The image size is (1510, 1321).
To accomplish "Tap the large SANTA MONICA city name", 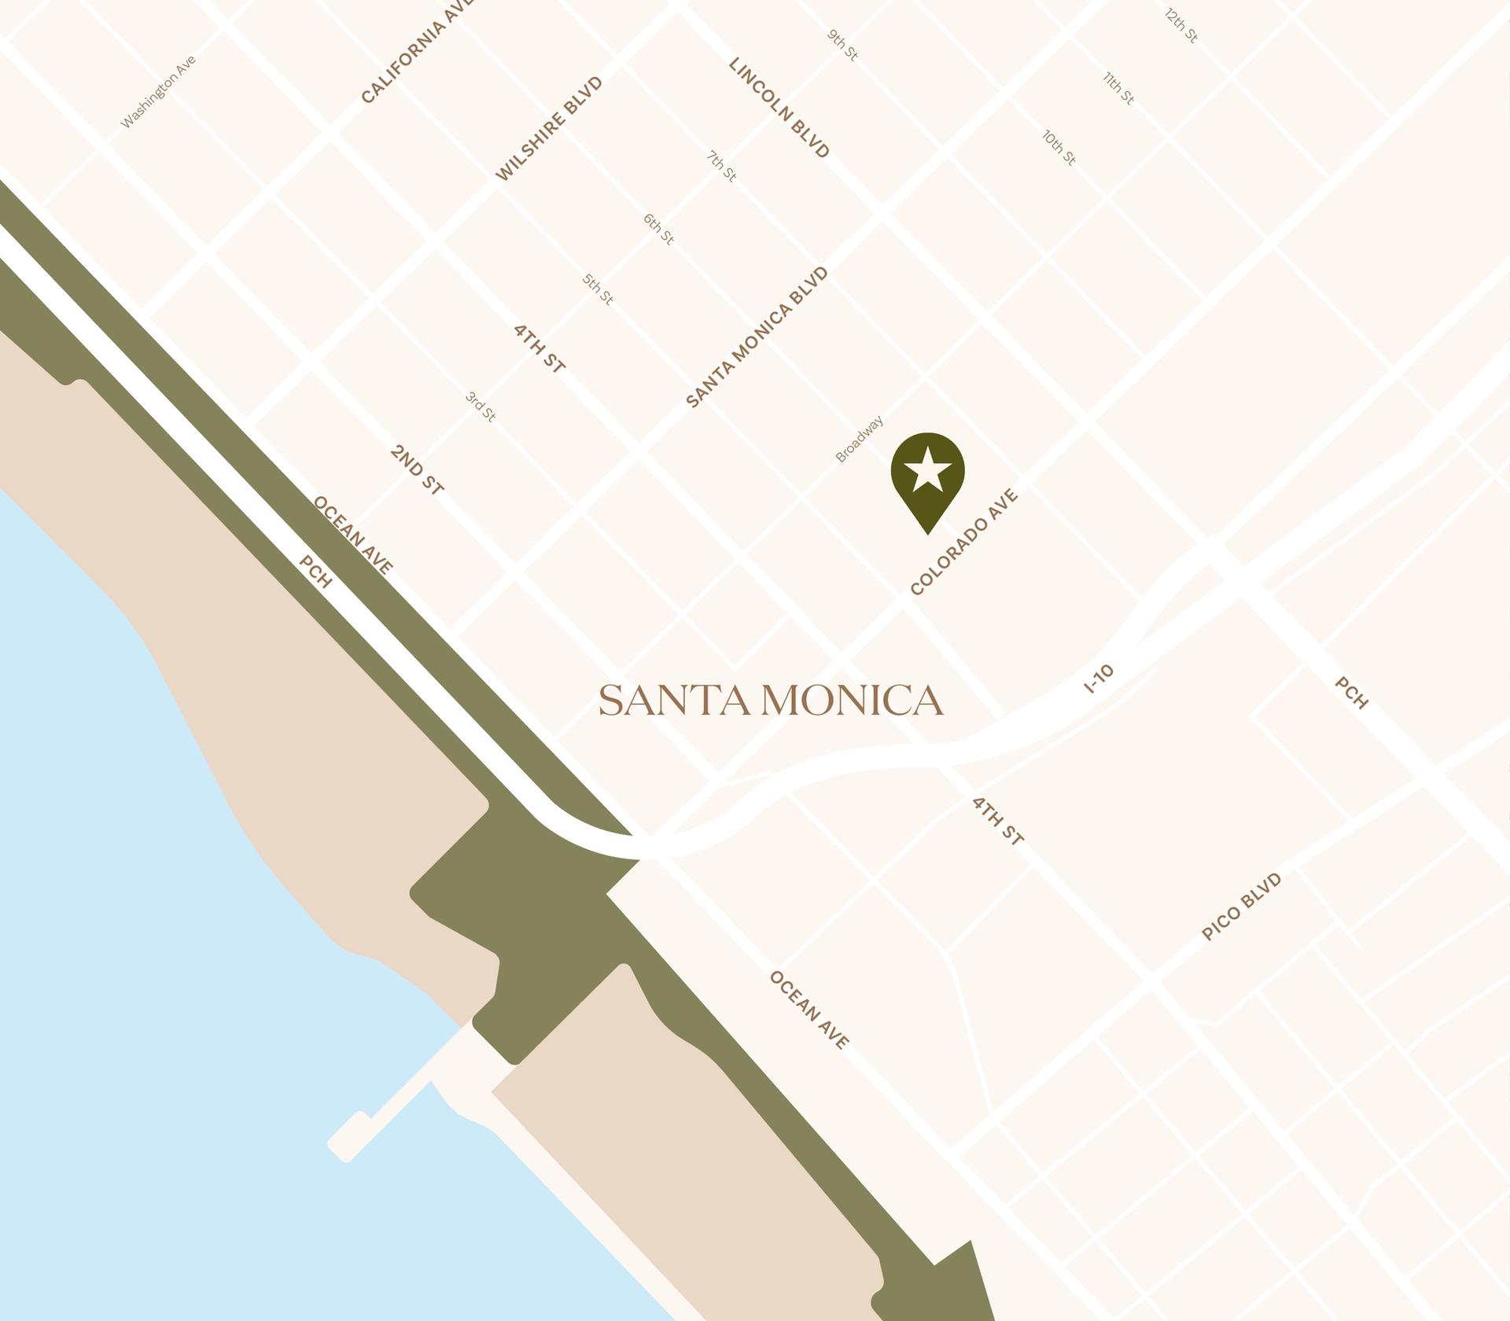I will coord(771,701).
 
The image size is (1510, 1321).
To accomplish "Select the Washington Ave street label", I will coord(158,92).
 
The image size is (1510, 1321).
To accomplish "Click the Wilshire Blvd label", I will coord(549,129).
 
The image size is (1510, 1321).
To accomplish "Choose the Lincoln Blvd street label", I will coord(779,108).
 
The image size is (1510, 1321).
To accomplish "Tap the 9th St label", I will coord(842,46).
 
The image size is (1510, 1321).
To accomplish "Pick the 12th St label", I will coord(1181,26).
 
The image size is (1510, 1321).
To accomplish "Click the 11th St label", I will coord(1118,88).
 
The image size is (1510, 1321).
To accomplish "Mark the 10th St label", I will coord(1059,148).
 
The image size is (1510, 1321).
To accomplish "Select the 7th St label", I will coord(721,167).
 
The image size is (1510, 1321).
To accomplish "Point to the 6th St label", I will coord(658,229).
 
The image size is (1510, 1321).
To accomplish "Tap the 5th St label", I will coord(598,289).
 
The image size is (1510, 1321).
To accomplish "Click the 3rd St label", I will coord(481,407).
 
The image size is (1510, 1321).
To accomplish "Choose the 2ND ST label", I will coord(417,469).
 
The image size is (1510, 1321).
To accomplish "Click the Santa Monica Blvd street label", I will coord(757,337).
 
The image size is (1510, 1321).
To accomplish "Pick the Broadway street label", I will coord(859,439).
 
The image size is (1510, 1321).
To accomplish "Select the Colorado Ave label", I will coord(964,542).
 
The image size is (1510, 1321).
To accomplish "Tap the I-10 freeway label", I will coord(1099,679).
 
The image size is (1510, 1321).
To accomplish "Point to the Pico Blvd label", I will coord(1242,907).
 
